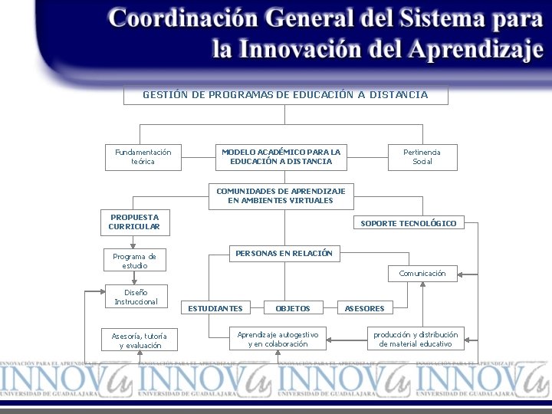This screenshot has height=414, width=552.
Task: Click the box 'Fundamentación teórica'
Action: click(x=143, y=157)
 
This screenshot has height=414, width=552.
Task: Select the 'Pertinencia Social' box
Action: click(x=422, y=157)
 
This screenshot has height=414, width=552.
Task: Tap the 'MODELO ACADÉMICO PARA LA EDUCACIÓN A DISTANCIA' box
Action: click(x=281, y=157)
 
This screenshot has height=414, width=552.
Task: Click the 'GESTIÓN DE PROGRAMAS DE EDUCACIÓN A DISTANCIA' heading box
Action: click(x=285, y=95)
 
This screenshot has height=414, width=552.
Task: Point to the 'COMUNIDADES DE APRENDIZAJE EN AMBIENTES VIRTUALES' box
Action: click(x=281, y=196)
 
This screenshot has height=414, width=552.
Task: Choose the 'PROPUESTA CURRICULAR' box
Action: click(x=134, y=222)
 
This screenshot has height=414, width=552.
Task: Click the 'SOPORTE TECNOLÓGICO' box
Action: click(x=409, y=223)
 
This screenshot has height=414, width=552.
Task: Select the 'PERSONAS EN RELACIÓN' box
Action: click(x=284, y=253)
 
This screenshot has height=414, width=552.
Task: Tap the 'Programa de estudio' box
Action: click(x=134, y=261)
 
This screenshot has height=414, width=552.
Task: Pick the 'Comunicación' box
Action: click(x=422, y=273)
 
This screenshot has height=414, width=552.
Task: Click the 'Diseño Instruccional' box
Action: click(x=136, y=297)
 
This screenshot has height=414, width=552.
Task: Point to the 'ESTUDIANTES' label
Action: click(x=215, y=308)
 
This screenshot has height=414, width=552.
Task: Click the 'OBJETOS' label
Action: click(x=293, y=308)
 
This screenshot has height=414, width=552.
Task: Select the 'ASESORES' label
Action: click(x=364, y=308)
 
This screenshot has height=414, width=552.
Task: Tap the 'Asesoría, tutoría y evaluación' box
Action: click(x=140, y=340)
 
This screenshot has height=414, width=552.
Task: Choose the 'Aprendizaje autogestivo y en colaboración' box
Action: click(x=278, y=339)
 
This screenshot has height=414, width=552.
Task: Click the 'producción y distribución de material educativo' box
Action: click(x=416, y=339)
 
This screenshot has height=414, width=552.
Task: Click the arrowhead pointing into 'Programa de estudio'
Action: click(x=133, y=246)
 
